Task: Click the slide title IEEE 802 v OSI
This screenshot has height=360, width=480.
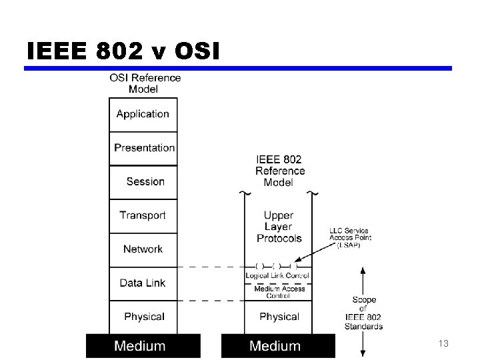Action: (123, 51)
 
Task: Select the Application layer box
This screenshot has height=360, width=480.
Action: (143, 114)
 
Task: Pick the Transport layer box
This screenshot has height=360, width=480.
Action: (143, 215)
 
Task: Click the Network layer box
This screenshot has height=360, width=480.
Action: (143, 249)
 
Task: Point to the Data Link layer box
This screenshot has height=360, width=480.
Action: (142, 283)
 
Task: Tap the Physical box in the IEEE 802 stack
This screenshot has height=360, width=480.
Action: (279, 316)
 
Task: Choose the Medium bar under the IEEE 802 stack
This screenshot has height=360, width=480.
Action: (276, 345)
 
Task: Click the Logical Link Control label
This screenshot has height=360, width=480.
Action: (277, 275)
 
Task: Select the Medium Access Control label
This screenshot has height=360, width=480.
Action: (279, 292)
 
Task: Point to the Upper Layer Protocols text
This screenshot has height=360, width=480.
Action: (279, 227)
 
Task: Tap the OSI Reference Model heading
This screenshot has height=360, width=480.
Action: (145, 83)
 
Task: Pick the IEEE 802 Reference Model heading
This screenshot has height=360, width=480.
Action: (279, 171)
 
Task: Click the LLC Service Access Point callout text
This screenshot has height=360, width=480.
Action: (349, 237)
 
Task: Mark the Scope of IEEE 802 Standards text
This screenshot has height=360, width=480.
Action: (363, 313)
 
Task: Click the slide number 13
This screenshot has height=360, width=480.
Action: (443, 343)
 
